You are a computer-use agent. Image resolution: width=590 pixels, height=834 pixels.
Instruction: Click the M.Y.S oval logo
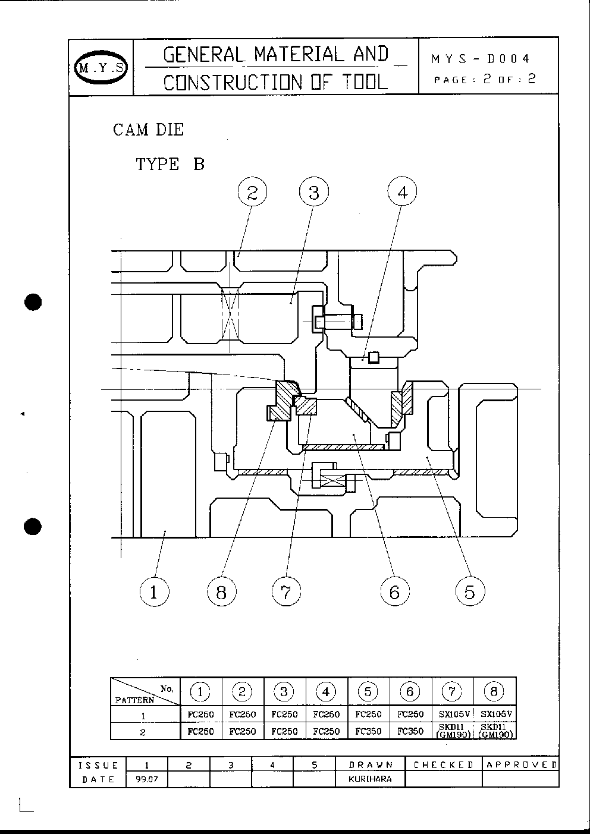pos(101,67)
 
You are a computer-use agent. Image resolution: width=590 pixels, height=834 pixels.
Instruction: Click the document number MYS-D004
pos(481,59)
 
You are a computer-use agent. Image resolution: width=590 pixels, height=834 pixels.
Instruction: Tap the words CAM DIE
pos(148,130)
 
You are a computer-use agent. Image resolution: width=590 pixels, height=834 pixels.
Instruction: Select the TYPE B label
pos(170,164)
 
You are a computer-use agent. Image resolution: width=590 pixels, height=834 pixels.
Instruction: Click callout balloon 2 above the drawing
pos(253,193)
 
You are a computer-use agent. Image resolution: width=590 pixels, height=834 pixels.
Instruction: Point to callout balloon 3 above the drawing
pos(314,193)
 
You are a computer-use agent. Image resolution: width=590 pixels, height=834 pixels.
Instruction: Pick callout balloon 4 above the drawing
pos(402,193)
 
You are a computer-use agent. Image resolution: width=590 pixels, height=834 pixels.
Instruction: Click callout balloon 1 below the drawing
pos(154,591)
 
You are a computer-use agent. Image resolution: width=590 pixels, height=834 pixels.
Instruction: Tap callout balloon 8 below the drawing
pos(222,591)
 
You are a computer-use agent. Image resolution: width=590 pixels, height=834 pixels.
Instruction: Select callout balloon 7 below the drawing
pos(286,591)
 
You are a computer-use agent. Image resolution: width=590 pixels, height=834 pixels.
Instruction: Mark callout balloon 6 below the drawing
pos(395,591)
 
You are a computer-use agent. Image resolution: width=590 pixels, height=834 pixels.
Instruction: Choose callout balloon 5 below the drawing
pos(470,591)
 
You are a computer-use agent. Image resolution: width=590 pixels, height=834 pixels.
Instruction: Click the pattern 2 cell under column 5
pos(368,731)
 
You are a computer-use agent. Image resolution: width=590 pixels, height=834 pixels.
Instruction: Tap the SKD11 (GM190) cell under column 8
pos(495,731)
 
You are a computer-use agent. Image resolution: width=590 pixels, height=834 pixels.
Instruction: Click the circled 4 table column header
pos(326,691)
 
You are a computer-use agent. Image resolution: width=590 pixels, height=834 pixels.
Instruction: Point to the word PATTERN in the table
pos(134,700)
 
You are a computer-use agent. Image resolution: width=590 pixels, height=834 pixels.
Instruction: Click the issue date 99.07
pos(147,779)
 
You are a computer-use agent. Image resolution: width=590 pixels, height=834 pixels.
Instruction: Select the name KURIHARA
pos(371,779)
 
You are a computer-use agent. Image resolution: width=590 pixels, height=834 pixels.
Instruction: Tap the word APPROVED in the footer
pos(521,765)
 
